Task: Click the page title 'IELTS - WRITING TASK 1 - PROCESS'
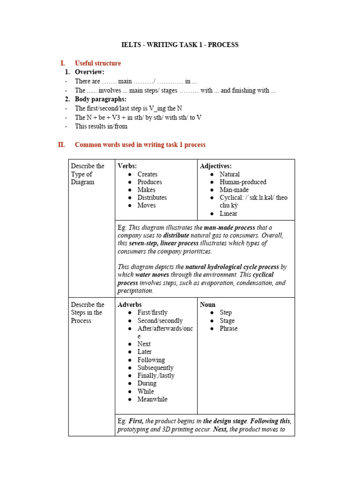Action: tap(180, 45)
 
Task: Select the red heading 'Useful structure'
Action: tap(97, 63)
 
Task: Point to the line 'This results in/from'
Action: tap(101, 126)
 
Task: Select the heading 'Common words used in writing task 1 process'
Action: tap(140, 145)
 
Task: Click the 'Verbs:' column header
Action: tap(127, 166)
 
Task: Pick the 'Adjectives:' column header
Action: tap(216, 166)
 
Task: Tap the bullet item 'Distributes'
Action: tap(152, 197)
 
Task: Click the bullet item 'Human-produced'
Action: tap(243, 182)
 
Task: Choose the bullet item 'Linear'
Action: tap(228, 213)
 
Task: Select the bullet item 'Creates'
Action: tap(147, 174)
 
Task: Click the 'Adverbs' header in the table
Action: tap(129, 305)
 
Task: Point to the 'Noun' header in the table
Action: tap(208, 305)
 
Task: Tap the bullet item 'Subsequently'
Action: tap(155, 367)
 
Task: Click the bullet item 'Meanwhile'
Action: tap(152, 399)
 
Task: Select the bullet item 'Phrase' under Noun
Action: tap(228, 328)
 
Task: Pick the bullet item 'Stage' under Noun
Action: tap(227, 321)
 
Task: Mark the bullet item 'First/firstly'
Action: tap(152, 312)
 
